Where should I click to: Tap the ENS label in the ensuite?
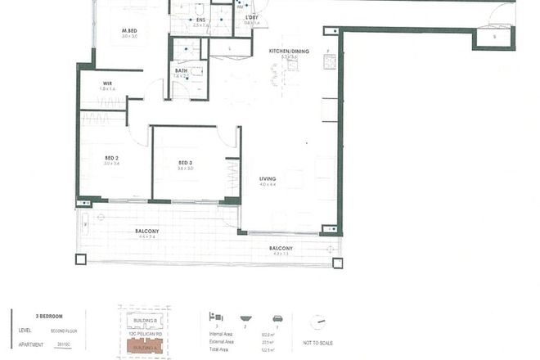click(200, 19)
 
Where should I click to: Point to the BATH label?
click(182, 70)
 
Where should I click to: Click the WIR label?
click(107, 83)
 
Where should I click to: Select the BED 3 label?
click(186, 162)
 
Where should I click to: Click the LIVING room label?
click(268, 178)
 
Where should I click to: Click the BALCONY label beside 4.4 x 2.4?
click(147, 232)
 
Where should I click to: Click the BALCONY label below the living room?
click(281, 248)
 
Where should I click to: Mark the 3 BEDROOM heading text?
click(50, 315)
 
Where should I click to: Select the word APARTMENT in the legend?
click(29, 345)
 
